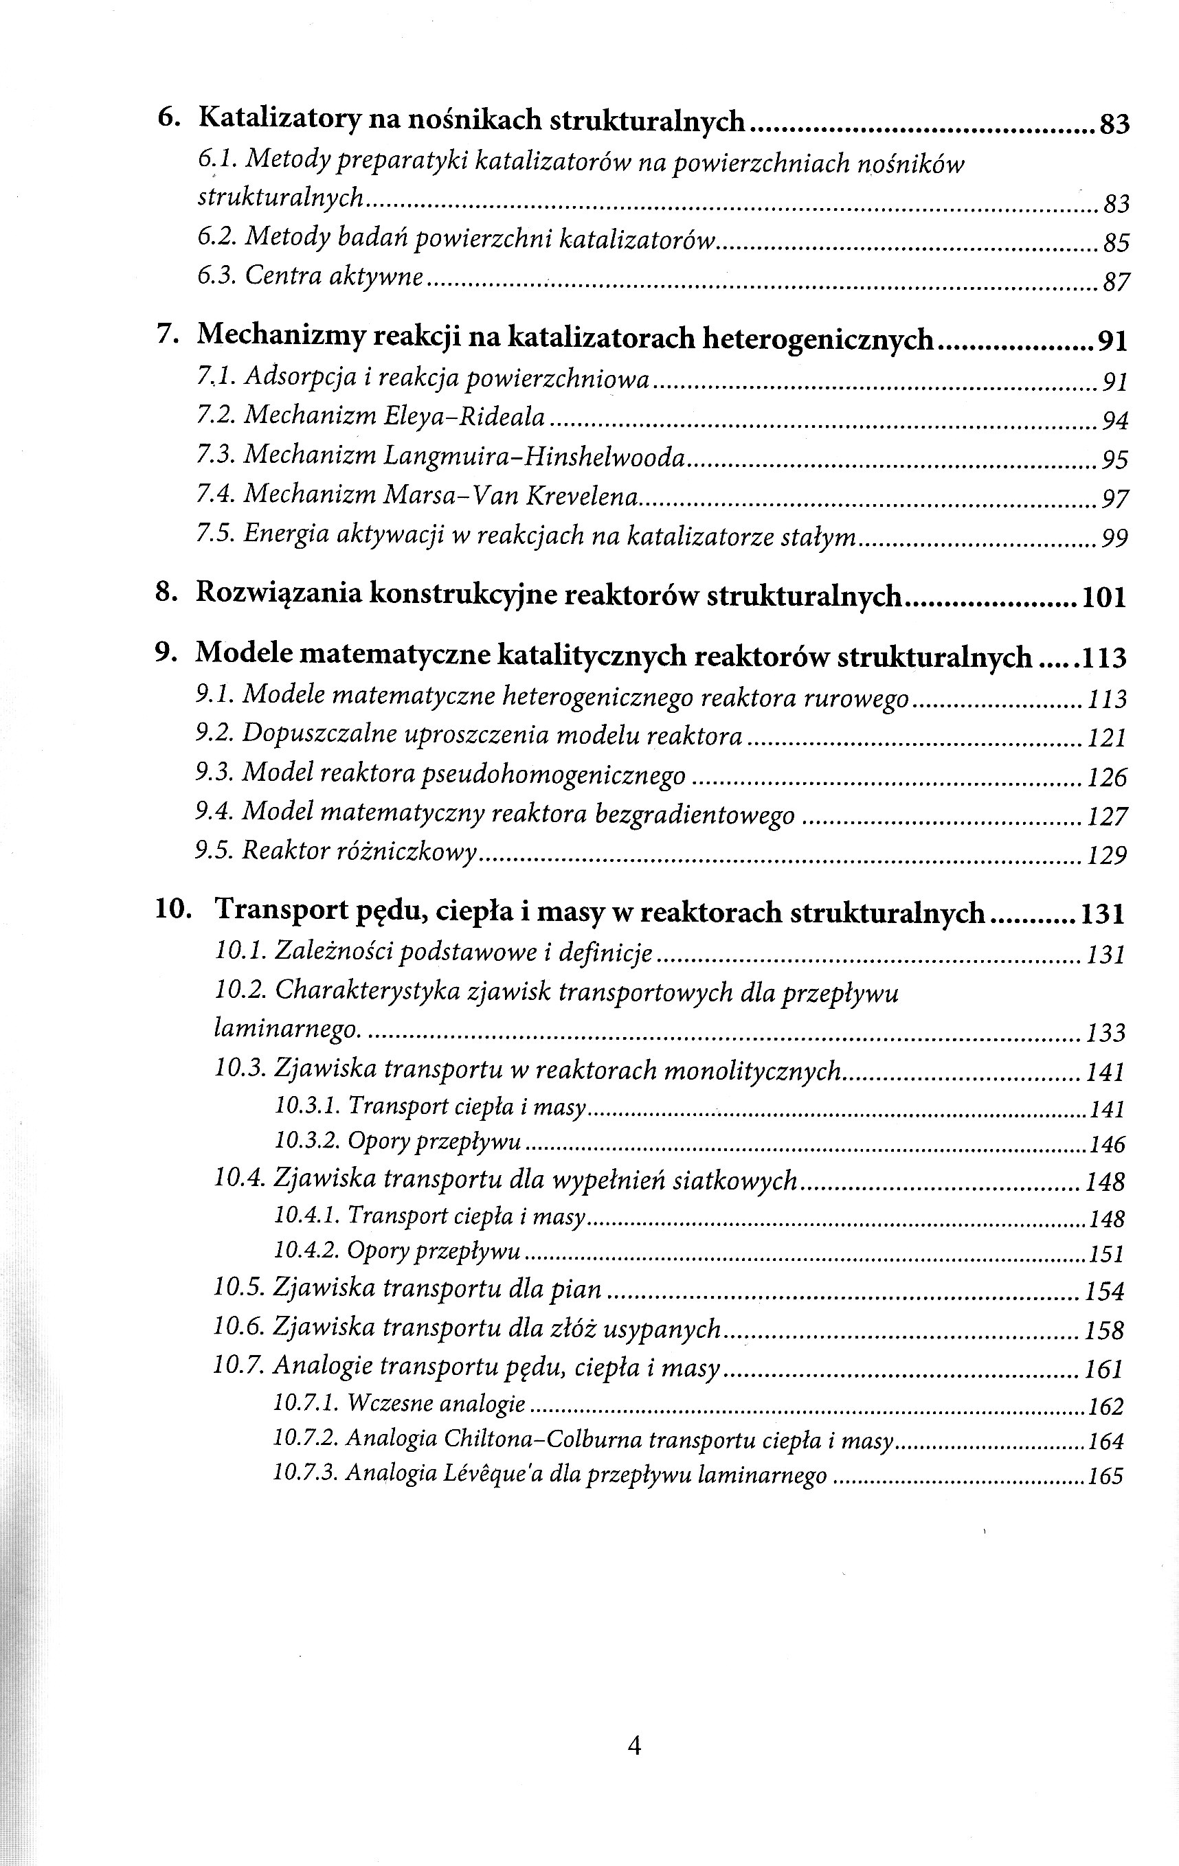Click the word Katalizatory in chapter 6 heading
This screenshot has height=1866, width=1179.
279,120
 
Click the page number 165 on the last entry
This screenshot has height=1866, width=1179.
1105,1476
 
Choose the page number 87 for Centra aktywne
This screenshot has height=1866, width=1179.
1114,282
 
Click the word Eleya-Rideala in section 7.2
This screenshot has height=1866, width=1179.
464,417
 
